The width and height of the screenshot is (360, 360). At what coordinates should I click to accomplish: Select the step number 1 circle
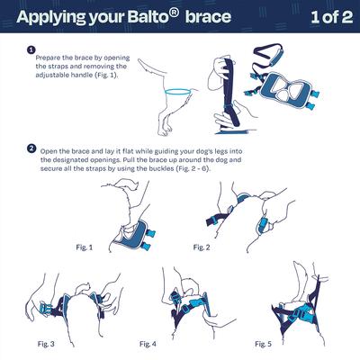[x=31, y=50]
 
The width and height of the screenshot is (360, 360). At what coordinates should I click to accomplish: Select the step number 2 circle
[x=31, y=148]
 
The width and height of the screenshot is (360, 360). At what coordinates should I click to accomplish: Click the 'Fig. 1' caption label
[x=83, y=246]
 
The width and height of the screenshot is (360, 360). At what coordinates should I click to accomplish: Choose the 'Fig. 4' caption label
[x=148, y=343]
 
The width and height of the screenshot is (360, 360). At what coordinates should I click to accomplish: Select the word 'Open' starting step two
[x=49, y=148]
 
